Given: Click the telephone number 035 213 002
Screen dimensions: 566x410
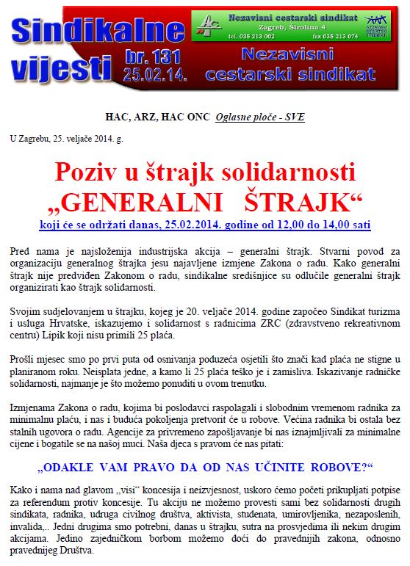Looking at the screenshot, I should [x=255, y=35].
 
